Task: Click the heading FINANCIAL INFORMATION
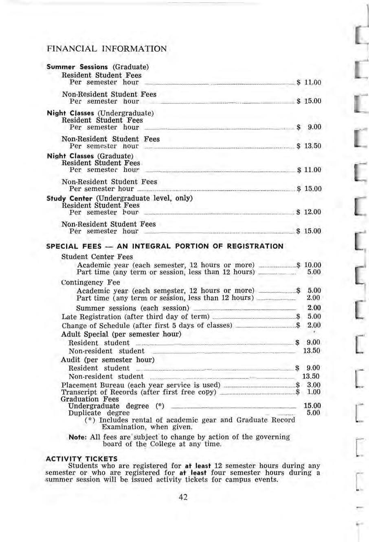pos(107,49)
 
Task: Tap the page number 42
pos(183,496)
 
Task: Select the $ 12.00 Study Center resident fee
pos(309,212)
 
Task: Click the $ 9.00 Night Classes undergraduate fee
pos(310,127)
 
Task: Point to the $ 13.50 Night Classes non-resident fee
pos(309,146)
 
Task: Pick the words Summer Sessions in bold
pos(77,67)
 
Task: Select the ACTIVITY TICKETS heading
pos(82,459)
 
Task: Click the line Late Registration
pos(135,317)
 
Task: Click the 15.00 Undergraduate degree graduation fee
pos(312,406)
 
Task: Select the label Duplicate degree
pos(99,413)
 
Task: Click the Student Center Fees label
pos(97,257)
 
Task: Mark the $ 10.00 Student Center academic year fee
pos(309,265)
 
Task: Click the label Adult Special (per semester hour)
pos(121,334)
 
